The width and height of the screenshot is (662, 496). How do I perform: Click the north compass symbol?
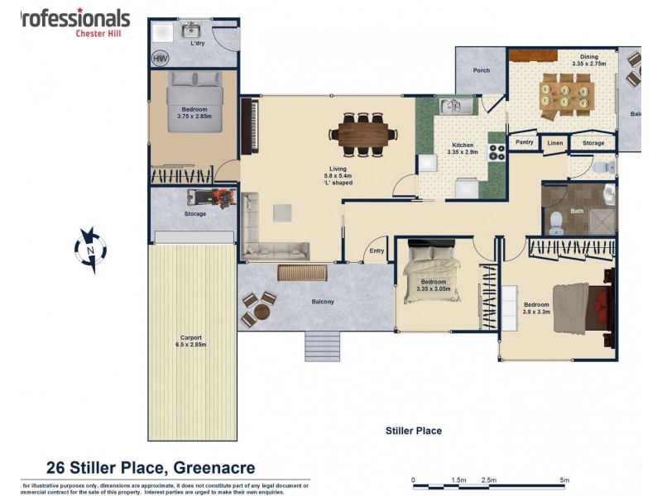tap(89, 249)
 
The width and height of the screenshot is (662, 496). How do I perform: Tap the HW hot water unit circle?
tap(159, 59)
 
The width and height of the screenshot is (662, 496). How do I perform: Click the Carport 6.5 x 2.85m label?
tap(191, 341)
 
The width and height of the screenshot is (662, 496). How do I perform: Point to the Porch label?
tap(481, 70)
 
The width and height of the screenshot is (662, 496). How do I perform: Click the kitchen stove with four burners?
tap(498, 151)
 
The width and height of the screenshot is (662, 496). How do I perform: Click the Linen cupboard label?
tap(554, 143)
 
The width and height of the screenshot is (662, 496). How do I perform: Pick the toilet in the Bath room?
tap(557, 220)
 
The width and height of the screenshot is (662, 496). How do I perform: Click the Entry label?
tap(377, 251)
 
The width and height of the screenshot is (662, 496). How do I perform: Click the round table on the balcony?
tap(261, 312)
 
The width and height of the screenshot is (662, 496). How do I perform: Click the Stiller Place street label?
tap(413, 431)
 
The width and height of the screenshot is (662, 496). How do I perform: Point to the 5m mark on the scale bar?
tap(564, 479)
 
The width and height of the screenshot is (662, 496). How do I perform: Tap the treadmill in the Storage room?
tap(212, 198)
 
